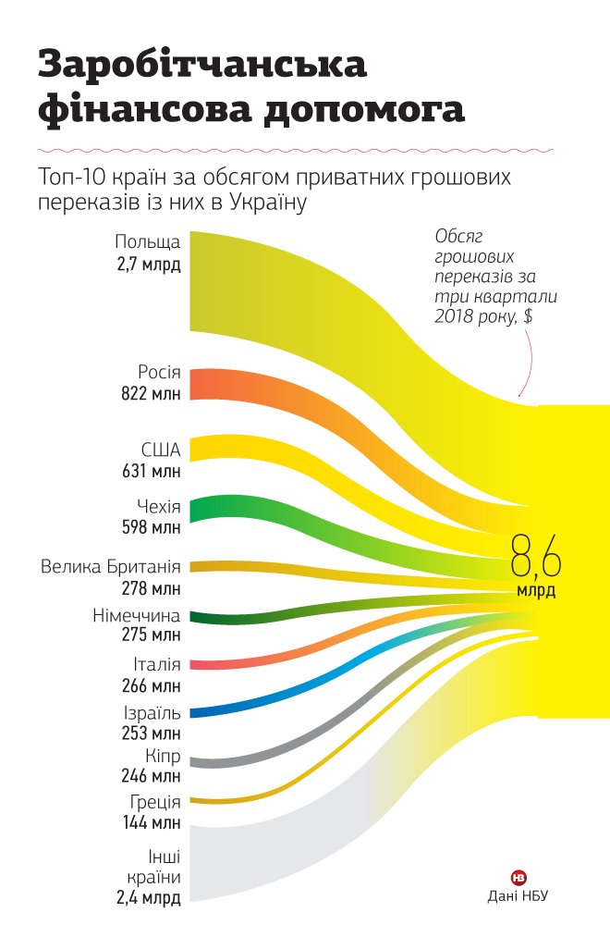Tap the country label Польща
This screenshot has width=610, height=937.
[147, 242]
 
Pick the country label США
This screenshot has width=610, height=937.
[160, 450]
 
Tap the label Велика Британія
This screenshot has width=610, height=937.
[111, 566]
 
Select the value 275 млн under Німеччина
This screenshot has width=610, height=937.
[151, 635]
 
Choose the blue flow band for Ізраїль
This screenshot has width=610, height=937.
[222, 710]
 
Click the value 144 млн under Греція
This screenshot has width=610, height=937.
[151, 821]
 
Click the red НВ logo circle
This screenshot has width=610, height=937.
[518, 876]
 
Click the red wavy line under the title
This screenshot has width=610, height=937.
[296, 149]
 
